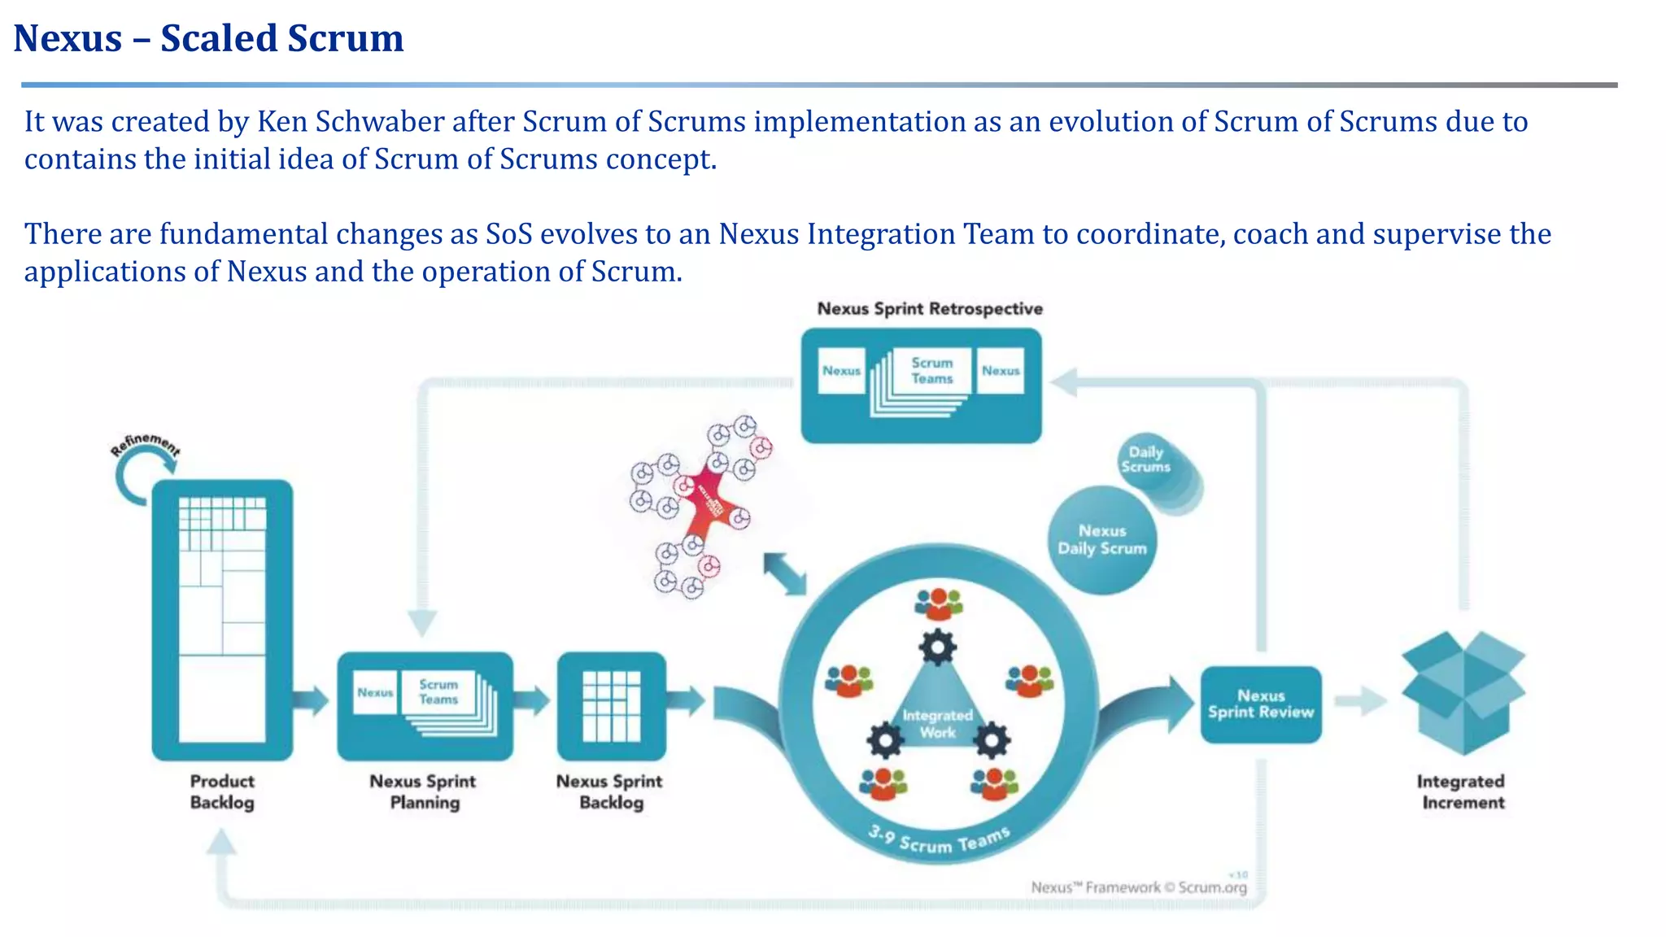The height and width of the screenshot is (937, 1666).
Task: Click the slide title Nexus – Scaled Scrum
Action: pyautogui.click(x=208, y=38)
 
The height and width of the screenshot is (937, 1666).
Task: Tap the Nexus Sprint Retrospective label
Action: pyautogui.click(x=929, y=309)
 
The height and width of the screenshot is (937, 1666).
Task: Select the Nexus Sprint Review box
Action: pyautogui.click(x=1260, y=704)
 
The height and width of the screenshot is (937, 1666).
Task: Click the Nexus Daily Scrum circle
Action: pyautogui.click(x=1101, y=540)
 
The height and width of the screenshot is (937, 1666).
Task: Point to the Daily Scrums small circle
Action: pyautogui.click(x=1146, y=460)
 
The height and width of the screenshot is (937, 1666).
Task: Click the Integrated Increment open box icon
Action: pyautogui.click(x=1463, y=691)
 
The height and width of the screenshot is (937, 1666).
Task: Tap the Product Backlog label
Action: pyautogui.click(x=222, y=791)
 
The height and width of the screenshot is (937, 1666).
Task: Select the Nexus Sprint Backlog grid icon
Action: pyautogui.click(x=611, y=706)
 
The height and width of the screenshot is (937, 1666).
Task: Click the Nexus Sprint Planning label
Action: pyautogui.click(x=423, y=791)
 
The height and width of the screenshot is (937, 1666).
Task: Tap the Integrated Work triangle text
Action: pyautogui.click(x=937, y=723)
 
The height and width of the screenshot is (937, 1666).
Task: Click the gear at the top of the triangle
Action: pyautogui.click(x=937, y=647)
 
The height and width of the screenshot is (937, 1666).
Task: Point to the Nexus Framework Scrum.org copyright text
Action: pyautogui.click(x=1138, y=887)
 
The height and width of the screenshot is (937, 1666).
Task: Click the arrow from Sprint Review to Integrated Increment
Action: pyautogui.click(x=1361, y=701)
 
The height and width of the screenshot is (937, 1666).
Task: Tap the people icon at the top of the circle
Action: pyautogui.click(x=938, y=604)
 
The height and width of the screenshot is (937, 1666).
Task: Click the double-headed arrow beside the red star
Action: pyautogui.click(x=785, y=574)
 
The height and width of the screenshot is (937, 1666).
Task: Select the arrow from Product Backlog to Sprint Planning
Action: pyautogui.click(x=310, y=699)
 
